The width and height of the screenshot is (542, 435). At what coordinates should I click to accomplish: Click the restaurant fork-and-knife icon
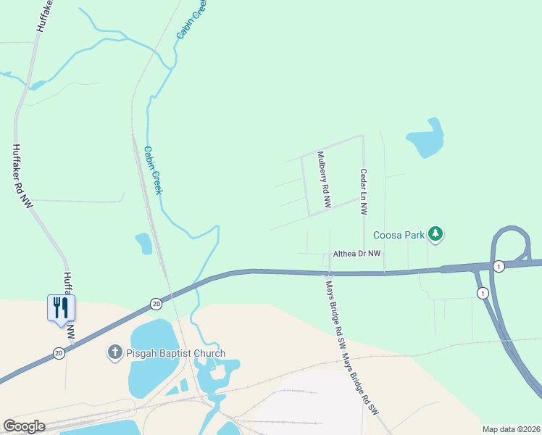(61, 307)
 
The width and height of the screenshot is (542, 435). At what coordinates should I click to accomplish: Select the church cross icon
(114, 353)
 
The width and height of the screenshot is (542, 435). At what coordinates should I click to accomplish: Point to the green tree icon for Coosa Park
(435, 233)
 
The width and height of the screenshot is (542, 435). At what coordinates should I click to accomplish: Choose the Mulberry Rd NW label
(323, 180)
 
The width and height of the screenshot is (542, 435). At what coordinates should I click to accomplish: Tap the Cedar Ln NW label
(364, 191)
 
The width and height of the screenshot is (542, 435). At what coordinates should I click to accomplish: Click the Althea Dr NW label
(356, 254)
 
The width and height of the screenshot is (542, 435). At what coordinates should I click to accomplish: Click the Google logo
(24, 426)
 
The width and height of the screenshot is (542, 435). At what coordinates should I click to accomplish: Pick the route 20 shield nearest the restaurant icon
(58, 353)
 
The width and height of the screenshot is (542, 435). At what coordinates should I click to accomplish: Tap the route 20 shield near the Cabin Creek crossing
(156, 304)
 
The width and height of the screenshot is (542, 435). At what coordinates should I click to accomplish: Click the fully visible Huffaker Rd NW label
(22, 176)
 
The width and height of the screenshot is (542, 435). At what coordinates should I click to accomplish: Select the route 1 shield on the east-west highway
(499, 267)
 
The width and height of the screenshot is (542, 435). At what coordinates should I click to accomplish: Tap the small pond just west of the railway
(143, 243)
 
